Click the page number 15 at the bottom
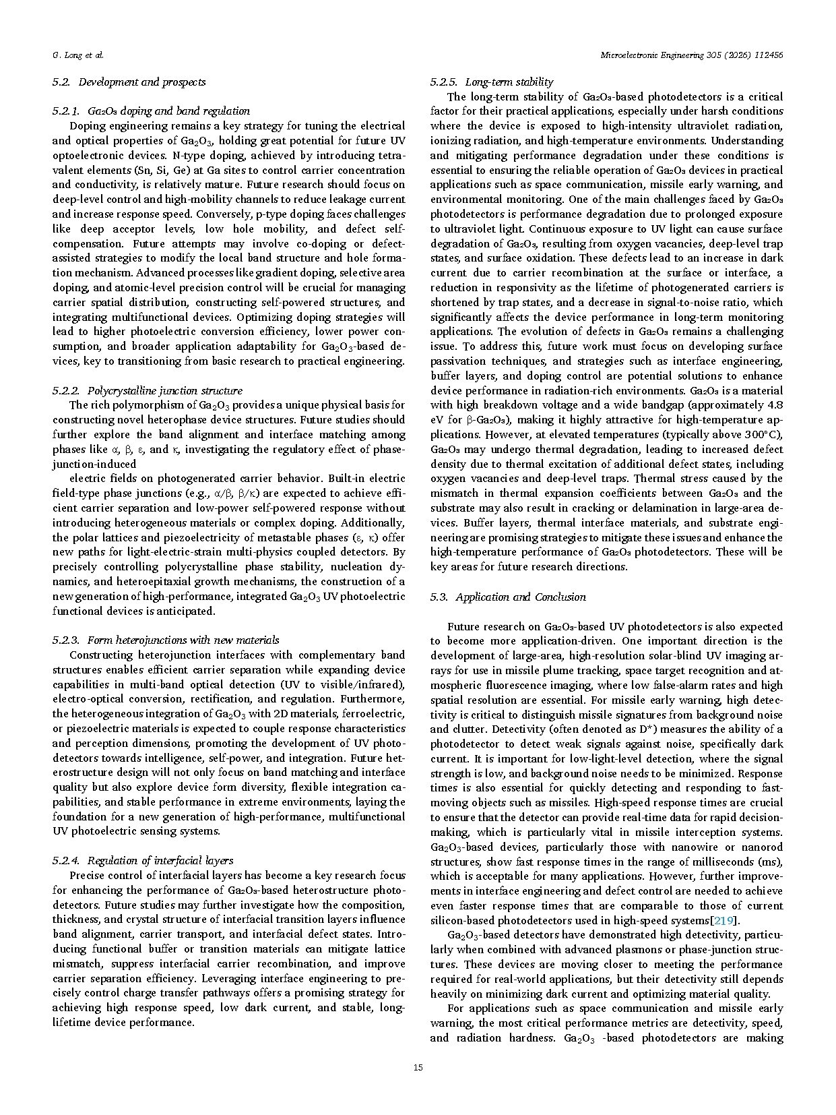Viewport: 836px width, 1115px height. coord(418,1067)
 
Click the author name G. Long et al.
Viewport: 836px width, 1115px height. coord(77,55)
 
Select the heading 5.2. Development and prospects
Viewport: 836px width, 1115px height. coord(129,82)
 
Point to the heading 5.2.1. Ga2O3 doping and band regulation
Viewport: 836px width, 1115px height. coord(151,111)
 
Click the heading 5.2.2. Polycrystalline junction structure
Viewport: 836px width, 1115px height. coord(147,390)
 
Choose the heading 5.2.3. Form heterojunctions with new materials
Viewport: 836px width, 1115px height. coord(166,640)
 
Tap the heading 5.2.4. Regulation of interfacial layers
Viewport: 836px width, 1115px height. coord(143,860)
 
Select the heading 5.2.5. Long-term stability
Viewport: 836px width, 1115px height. coord(492,82)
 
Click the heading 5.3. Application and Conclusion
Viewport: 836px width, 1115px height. coord(508,597)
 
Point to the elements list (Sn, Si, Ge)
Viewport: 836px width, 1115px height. coord(158,170)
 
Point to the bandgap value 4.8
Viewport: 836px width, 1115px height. coord(775,405)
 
